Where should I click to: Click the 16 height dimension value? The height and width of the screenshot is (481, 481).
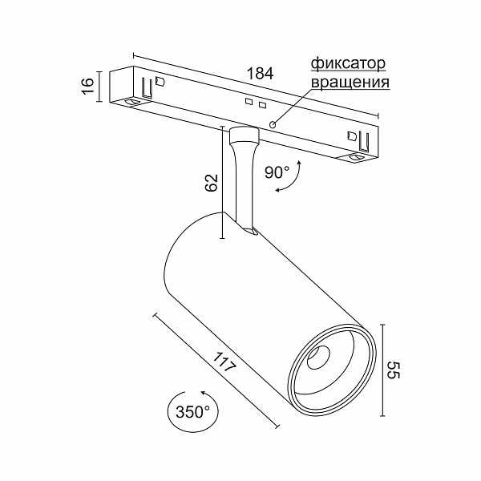point(88,85)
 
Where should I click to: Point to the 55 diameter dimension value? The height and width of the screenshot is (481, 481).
point(393,370)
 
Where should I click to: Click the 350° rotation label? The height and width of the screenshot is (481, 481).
point(192,413)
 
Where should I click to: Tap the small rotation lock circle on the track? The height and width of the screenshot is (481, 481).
point(273,124)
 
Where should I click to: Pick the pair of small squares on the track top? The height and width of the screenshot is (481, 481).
point(255,103)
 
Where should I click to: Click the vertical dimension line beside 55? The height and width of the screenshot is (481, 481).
point(382,370)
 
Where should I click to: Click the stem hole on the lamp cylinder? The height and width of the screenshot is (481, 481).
point(250,232)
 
